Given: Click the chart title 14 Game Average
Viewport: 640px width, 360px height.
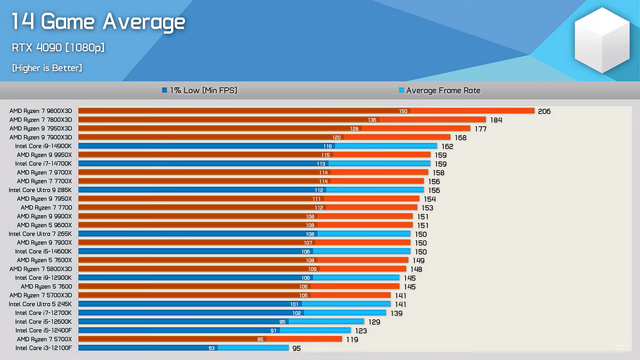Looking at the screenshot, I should pos(98,22).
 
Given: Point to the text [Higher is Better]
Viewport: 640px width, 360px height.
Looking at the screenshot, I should pos(47,68).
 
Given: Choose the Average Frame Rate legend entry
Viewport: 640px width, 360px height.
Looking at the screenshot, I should pos(439,91).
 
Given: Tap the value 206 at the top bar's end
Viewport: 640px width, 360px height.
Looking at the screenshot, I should pos(544,111).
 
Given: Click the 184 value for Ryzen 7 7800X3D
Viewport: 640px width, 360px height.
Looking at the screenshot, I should pos(495,120).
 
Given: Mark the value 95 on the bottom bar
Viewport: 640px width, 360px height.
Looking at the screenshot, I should pos(296,348).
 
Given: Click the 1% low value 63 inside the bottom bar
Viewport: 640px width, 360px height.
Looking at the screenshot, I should pos(211,348).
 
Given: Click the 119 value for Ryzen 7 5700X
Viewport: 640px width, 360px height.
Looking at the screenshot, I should pos(351,339).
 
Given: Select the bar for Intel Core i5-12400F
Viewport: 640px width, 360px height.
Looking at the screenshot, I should pos(215,330).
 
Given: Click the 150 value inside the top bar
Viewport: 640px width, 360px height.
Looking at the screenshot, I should pos(403,111).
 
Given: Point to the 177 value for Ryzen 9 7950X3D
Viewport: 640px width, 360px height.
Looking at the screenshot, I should pos(481,129).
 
